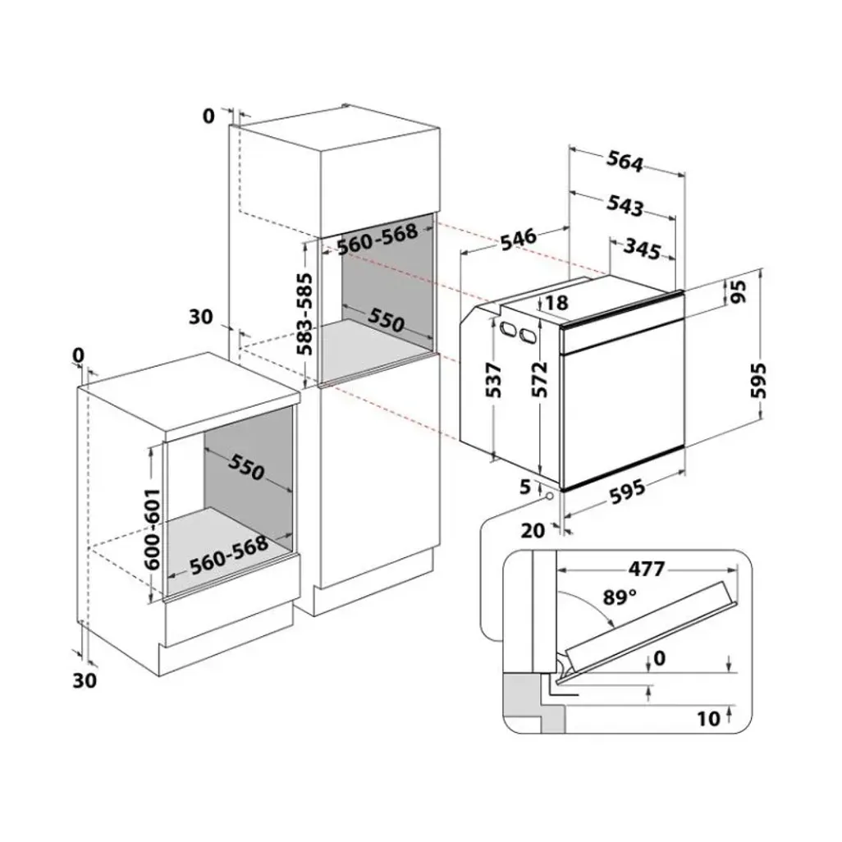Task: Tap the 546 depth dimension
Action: (x=518, y=239)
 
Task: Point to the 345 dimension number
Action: (x=642, y=249)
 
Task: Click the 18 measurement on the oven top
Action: (x=556, y=303)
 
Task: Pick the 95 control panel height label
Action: (x=739, y=292)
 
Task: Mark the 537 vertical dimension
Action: (x=493, y=380)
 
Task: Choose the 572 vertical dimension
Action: (x=539, y=379)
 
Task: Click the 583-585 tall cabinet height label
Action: (x=305, y=314)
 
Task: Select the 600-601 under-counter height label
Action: (x=152, y=529)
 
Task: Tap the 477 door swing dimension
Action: (x=647, y=568)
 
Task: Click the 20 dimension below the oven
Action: (x=533, y=530)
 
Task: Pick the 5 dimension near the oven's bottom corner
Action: (x=524, y=487)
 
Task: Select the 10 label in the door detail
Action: (x=707, y=719)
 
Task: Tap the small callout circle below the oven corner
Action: (x=549, y=497)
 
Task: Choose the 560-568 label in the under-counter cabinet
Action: (x=229, y=555)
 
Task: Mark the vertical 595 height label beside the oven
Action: (x=757, y=380)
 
